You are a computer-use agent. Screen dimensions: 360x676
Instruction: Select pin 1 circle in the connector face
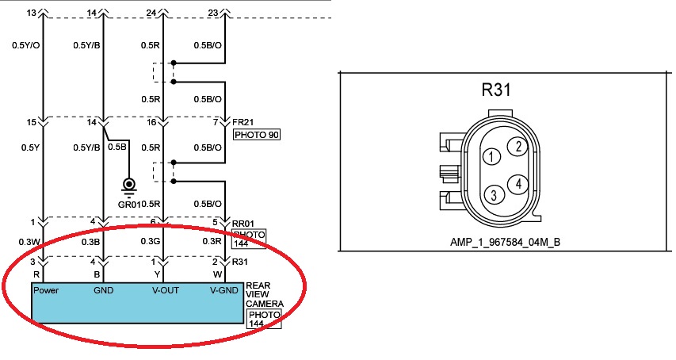(x=492, y=157)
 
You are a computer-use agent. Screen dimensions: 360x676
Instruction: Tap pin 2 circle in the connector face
(x=518, y=146)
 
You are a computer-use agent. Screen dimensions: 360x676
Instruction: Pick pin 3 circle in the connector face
(x=493, y=195)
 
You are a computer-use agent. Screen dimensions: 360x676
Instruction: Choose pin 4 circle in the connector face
(x=518, y=184)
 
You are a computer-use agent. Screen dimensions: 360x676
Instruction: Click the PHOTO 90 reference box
(x=257, y=135)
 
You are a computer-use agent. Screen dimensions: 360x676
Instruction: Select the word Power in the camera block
(x=46, y=290)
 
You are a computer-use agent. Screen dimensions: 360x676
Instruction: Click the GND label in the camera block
(x=104, y=290)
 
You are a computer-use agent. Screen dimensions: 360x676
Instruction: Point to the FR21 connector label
(x=244, y=123)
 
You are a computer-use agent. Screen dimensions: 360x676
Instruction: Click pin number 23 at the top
(x=212, y=12)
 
